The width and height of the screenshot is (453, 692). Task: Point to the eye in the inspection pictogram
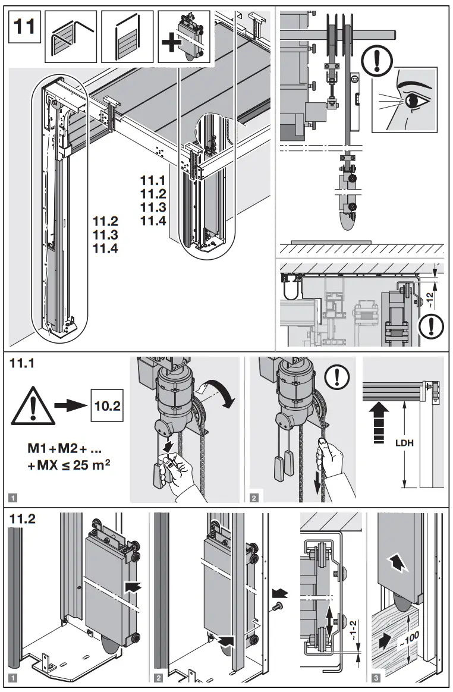pos(414,102)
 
